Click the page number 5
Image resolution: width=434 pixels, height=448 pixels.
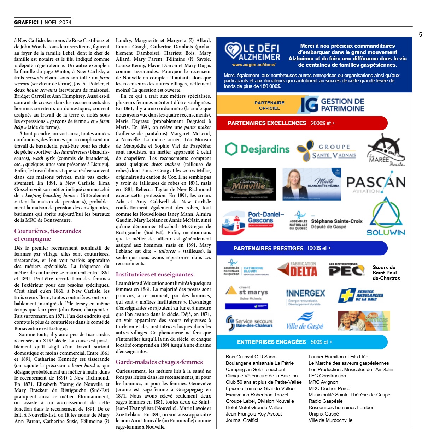pos(420,35)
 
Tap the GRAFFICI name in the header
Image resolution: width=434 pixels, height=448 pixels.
pos(26,22)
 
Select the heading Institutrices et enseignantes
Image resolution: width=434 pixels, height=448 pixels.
pos(154,274)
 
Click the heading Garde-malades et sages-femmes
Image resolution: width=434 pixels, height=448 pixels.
pos(159,362)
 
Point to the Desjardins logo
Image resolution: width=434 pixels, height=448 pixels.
pos(257,149)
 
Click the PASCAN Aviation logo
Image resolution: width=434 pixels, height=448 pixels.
pos(376,183)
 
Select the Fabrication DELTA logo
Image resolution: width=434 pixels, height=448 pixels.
pos(297,270)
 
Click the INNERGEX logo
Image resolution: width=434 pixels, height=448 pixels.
pos(305,296)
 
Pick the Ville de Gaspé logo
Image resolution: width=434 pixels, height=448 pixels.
pos(305,321)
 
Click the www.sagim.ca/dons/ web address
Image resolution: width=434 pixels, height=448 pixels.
pos(253,65)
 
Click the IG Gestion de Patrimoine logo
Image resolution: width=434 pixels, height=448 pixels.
pos(332,105)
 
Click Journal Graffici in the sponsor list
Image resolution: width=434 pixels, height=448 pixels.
pos(242,420)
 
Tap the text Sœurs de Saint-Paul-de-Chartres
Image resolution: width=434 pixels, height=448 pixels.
pos(386,273)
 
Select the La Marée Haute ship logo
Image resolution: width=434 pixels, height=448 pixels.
pos(386,150)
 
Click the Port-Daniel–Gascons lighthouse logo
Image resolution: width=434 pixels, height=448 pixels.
pos(253,223)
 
